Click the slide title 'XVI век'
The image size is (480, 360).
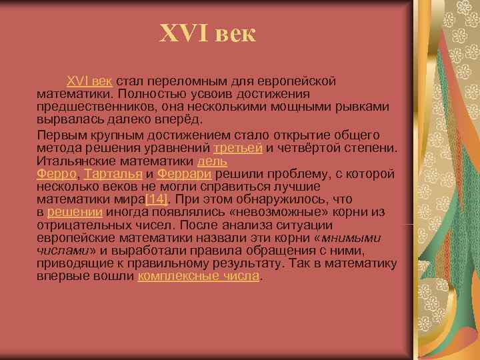point(207,33)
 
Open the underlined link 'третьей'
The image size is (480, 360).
point(238,147)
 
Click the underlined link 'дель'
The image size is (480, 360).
point(213,161)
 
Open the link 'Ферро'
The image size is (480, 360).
point(58,174)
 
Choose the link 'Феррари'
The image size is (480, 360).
point(185,174)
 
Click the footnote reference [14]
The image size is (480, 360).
point(156,199)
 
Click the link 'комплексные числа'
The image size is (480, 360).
point(198,277)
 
